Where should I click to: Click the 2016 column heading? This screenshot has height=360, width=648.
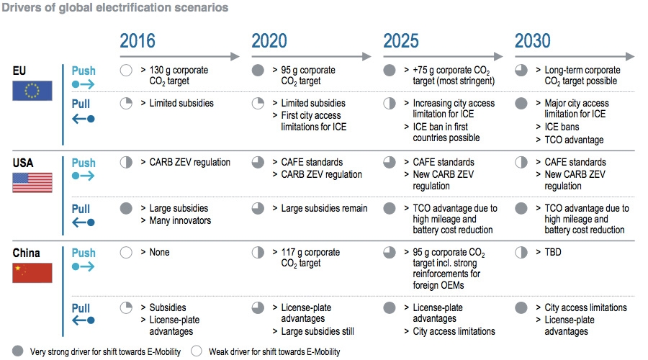pyautogui.click(x=138, y=41)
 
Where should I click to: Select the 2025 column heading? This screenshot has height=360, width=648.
pyautogui.click(x=401, y=41)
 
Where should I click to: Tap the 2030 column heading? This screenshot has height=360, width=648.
pyautogui.click(x=532, y=41)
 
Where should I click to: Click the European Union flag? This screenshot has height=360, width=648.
pyautogui.click(x=32, y=91)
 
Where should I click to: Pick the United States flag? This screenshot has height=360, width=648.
pyautogui.click(x=32, y=183)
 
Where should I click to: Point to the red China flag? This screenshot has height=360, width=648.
pyautogui.click(x=32, y=273)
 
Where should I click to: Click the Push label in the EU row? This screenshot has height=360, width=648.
pyautogui.click(x=84, y=71)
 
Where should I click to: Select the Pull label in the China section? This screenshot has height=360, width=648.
pyautogui.click(x=81, y=308)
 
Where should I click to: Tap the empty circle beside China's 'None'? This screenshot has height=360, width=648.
pyautogui.click(x=126, y=253)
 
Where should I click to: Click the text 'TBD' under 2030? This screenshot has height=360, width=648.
pyautogui.click(x=553, y=252)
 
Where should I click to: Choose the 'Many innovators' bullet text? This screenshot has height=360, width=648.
pyautogui.click(x=180, y=221)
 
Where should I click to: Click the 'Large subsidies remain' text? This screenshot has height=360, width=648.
pyautogui.click(x=324, y=208)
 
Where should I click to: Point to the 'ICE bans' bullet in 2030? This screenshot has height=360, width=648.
pyautogui.click(x=562, y=127)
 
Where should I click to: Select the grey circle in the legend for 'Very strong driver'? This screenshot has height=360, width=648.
pyautogui.click(x=18, y=351)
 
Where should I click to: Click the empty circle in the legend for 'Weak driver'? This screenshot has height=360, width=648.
pyautogui.click(x=197, y=351)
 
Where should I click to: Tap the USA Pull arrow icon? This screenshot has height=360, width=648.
pyautogui.click(x=83, y=222)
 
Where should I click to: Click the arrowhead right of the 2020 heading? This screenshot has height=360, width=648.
pyautogui.click(x=366, y=56)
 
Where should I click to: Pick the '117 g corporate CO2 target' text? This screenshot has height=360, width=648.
pyautogui.click(x=310, y=258)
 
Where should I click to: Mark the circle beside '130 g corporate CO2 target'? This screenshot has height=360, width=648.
pyautogui.click(x=126, y=71)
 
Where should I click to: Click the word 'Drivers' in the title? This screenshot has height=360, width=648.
pyautogui.click(x=22, y=7)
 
